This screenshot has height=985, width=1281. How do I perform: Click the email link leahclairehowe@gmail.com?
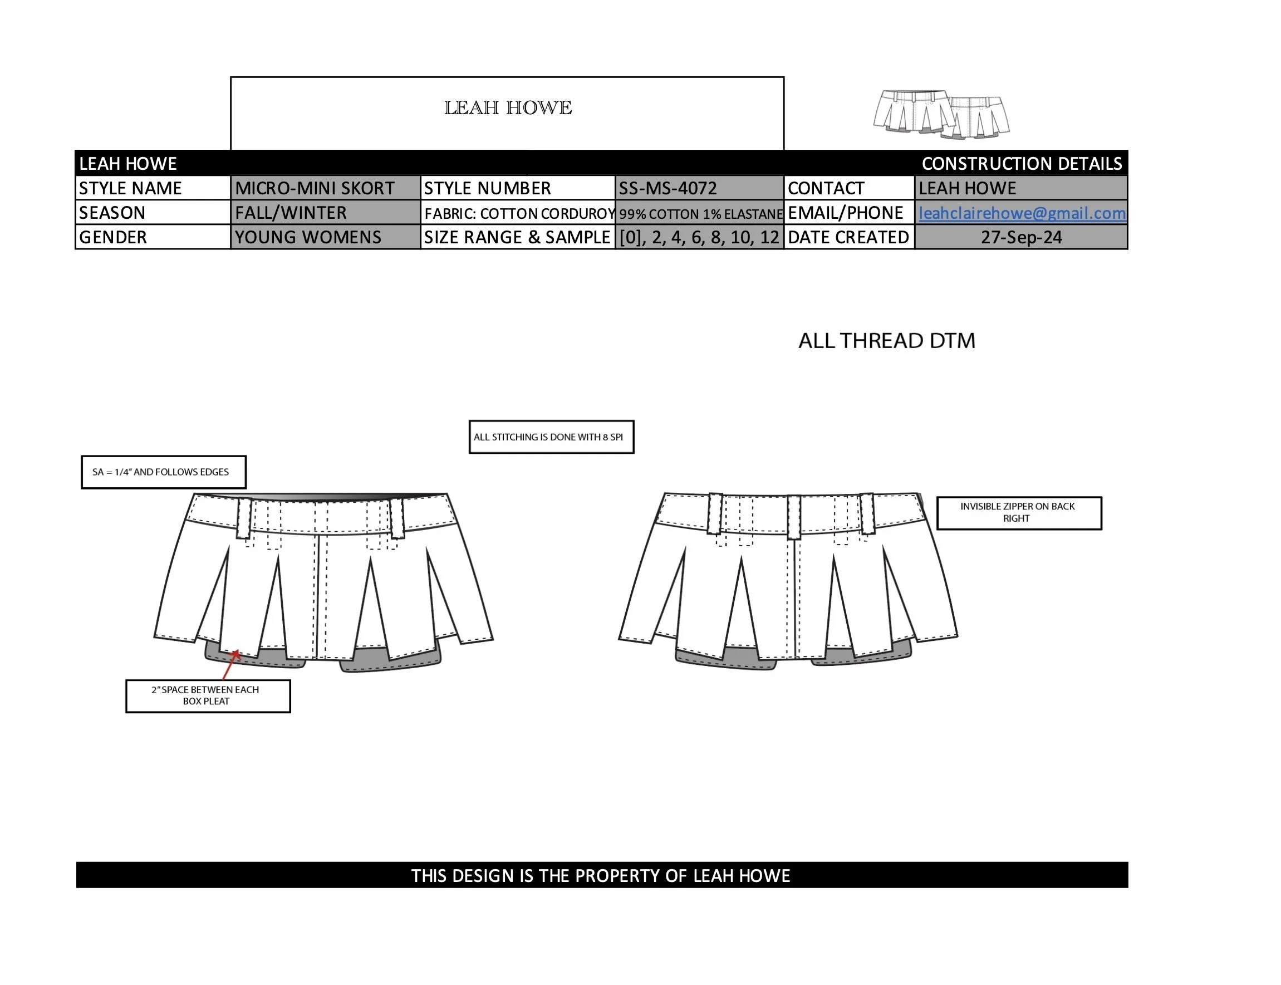[1021, 213]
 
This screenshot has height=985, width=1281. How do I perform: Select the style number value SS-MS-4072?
[668, 188]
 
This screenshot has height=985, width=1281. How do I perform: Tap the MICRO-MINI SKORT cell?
[315, 188]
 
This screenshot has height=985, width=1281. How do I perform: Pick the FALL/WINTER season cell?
[291, 213]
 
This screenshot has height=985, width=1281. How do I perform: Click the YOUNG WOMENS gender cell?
[308, 237]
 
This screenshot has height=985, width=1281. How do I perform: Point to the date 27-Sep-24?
[1021, 237]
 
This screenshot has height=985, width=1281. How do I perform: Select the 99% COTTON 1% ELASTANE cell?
[700, 213]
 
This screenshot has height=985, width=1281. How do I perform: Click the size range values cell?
[699, 237]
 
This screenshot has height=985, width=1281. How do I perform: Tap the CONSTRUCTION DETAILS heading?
[1021, 164]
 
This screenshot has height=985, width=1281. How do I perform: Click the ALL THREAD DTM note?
[886, 341]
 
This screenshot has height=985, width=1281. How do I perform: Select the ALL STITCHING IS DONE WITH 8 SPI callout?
[551, 437]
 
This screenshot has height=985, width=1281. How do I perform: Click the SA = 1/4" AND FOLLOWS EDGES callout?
[163, 472]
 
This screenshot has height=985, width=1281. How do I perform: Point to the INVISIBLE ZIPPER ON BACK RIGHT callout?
[1018, 512]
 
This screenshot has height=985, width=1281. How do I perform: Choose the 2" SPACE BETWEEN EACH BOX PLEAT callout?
[208, 695]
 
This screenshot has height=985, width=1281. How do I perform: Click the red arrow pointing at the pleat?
[231, 665]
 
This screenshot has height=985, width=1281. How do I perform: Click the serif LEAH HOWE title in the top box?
[508, 108]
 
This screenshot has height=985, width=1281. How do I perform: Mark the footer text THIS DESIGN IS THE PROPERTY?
[600, 875]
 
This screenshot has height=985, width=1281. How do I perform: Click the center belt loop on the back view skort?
[794, 517]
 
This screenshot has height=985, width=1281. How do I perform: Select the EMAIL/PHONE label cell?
[845, 213]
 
